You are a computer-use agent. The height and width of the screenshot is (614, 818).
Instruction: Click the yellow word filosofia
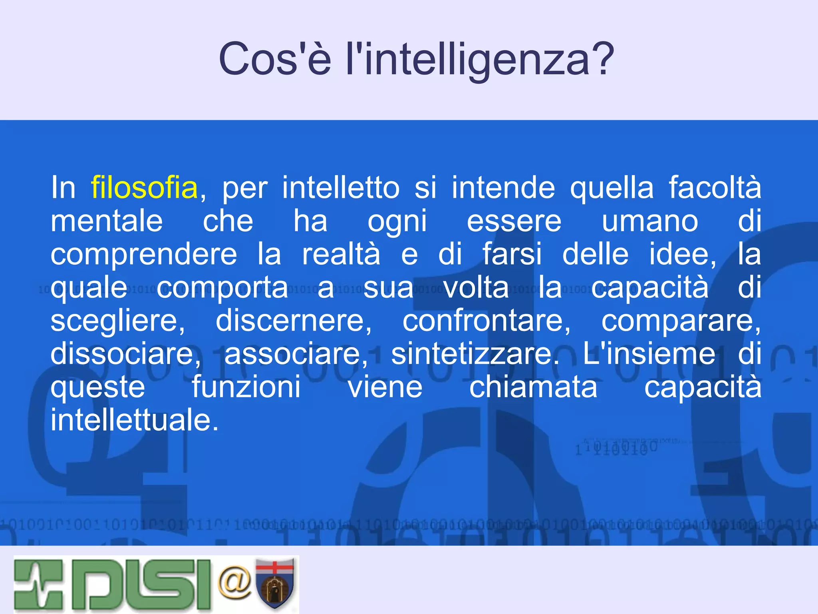click(x=144, y=187)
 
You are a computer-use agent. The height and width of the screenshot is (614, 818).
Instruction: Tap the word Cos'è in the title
click(x=275, y=59)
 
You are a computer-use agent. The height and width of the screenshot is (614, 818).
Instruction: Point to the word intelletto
click(x=341, y=187)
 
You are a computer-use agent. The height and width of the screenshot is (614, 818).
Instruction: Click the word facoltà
click(x=715, y=187)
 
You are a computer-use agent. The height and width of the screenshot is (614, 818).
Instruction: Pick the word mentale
click(x=107, y=221)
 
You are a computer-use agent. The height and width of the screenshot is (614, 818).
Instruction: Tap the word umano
click(x=650, y=221)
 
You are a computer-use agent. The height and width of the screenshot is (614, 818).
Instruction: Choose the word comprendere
click(x=144, y=255)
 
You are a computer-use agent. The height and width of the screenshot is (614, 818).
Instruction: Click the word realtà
click(x=341, y=255)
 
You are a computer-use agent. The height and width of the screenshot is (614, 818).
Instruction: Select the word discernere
click(x=294, y=321)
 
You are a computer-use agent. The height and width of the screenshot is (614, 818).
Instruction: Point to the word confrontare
click(x=486, y=321)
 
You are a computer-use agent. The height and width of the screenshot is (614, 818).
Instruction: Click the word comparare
click(x=681, y=321)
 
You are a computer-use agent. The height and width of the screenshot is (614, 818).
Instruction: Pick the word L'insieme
click(x=649, y=354)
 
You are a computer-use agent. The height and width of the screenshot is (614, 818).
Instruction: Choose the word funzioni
click(x=246, y=387)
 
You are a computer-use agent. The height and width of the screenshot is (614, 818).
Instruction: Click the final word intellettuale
click(x=135, y=421)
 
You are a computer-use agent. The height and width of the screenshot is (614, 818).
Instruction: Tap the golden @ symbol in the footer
click(x=235, y=582)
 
